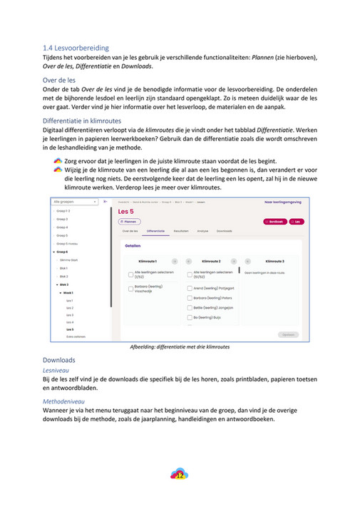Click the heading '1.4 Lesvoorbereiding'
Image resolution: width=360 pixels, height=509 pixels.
(76, 46)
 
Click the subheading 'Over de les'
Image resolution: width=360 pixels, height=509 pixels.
(61, 81)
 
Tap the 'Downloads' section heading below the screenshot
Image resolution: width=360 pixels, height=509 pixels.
(58, 360)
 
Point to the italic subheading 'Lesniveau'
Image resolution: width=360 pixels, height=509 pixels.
(56, 371)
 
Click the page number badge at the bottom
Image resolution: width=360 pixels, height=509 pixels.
(180, 474)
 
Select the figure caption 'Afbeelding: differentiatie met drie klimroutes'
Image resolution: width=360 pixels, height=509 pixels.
(180, 347)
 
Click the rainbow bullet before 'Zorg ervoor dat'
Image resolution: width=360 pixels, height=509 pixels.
(58, 163)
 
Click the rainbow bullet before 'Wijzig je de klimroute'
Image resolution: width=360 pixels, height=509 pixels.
(58, 172)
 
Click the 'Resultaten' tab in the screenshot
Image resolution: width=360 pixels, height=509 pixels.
(180, 231)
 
